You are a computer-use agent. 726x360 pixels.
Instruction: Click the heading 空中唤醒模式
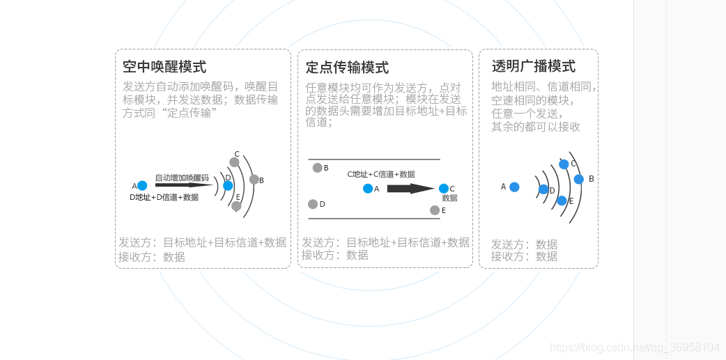pos(164,67)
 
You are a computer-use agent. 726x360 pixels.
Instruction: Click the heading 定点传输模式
pos(347,68)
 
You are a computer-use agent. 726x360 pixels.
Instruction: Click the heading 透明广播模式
pos(534,66)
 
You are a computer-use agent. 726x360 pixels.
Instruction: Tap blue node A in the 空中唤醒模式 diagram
pos(142,186)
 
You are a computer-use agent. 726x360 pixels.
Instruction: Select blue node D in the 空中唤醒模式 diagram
pos(228,186)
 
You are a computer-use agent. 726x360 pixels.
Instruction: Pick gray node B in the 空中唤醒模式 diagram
pos(254,180)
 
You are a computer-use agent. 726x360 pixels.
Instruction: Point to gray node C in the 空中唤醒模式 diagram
pos(234,162)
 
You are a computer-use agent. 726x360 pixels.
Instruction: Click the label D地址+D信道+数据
pos(164,197)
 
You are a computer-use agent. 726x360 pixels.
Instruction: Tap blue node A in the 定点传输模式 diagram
pos(368,189)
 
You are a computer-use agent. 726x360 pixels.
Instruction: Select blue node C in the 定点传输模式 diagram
pos(444,189)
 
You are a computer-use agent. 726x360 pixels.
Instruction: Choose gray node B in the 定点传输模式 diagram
pos(318,168)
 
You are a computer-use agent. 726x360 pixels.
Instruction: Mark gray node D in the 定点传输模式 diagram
pos(313,204)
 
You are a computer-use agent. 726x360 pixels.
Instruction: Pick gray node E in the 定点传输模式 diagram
pos(435,210)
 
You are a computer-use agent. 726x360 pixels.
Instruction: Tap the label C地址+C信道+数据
pos(380,174)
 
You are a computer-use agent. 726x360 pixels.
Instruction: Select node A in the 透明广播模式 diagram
pos(514,187)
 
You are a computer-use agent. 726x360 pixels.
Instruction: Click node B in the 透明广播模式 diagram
pos(578,179)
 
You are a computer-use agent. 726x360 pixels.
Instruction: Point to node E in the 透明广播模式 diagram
pos(562,201)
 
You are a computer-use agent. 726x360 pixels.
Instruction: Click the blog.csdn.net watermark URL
pos(634,347)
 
